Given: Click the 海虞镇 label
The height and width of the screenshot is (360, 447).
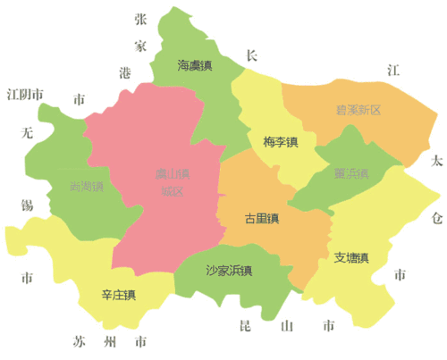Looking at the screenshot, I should pos(194,65).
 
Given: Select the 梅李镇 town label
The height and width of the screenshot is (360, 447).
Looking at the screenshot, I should pos(281,142).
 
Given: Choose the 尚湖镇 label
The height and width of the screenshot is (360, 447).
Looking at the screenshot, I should pos(87,187).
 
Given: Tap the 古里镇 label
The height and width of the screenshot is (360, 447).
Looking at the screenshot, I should pos(263,218).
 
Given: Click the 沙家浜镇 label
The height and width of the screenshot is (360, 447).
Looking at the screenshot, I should pos(228,270).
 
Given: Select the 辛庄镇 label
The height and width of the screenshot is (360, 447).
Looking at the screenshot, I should pos(119,295).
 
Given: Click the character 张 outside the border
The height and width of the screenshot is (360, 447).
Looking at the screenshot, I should pos(140,19).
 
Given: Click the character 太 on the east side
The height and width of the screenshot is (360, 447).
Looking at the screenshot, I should pos(435,162).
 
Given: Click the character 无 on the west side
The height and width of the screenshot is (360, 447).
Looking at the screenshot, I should pos(27,134).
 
